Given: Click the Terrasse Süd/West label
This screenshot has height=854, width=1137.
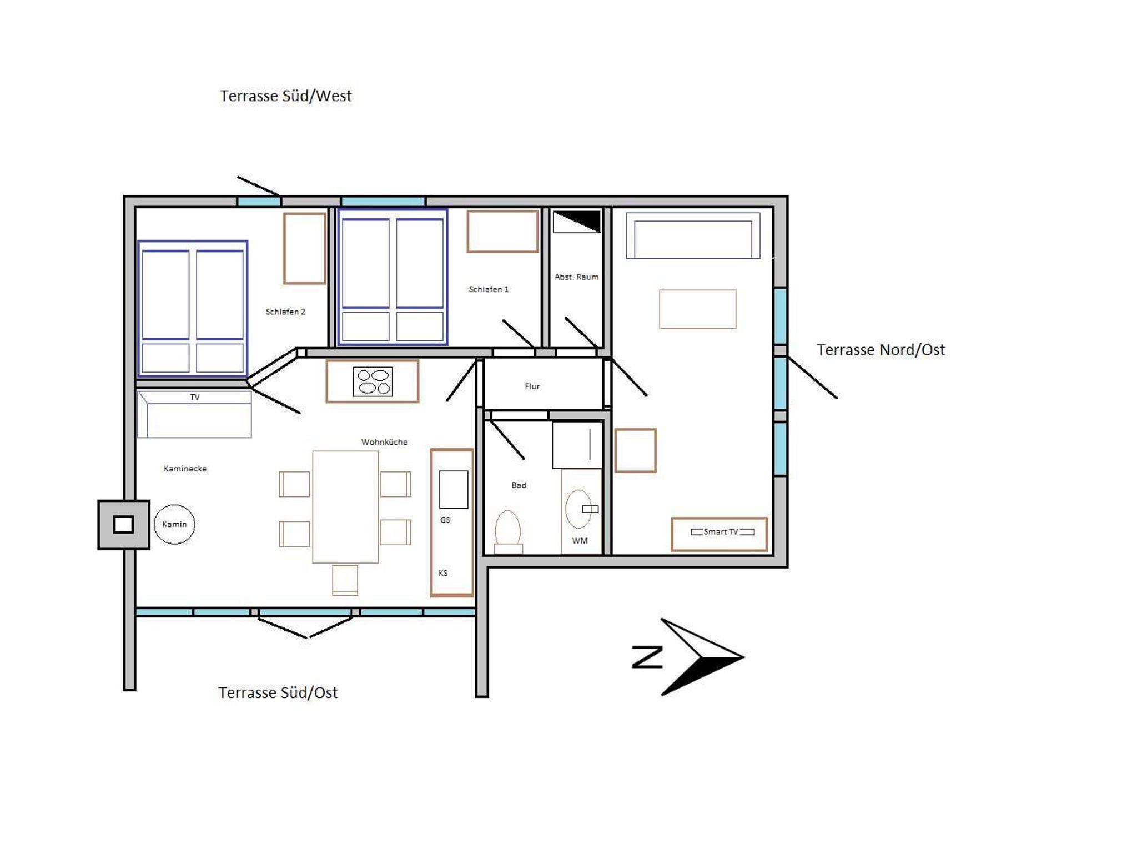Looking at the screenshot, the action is coord(286,96).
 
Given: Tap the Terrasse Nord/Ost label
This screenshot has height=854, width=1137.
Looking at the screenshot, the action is coord(881,350).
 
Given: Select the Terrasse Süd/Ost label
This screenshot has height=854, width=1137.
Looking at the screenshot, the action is coord(278,692).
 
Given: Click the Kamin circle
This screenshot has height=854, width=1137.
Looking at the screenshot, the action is coord(174,524).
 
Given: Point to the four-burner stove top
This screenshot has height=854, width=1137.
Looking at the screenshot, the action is coord(373,381).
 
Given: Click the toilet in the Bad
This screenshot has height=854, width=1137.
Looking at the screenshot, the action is coord(507,531).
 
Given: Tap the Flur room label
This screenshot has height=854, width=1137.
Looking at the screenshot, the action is coord(532,386).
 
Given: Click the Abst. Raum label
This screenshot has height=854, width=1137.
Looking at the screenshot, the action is coord(576,277).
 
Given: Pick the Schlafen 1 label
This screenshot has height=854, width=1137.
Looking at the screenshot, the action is coord(489,289).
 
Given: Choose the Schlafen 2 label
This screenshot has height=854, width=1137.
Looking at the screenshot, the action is coord(285,312).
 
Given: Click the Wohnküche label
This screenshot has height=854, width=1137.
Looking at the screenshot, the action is coord(384,442).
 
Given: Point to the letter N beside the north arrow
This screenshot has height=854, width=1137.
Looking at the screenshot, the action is coord(647,657).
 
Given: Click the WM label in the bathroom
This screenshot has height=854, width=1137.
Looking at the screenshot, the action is coord(580,541).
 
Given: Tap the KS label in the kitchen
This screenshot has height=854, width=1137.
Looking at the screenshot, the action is coord(443,573).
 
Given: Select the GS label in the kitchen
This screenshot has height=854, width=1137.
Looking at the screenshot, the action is coord(445,520).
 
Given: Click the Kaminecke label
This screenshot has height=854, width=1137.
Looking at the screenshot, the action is coord(185,469).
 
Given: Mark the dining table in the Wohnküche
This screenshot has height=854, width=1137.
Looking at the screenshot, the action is coord(345,506).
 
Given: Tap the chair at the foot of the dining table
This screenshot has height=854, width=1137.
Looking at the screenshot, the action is coord(345,580).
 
